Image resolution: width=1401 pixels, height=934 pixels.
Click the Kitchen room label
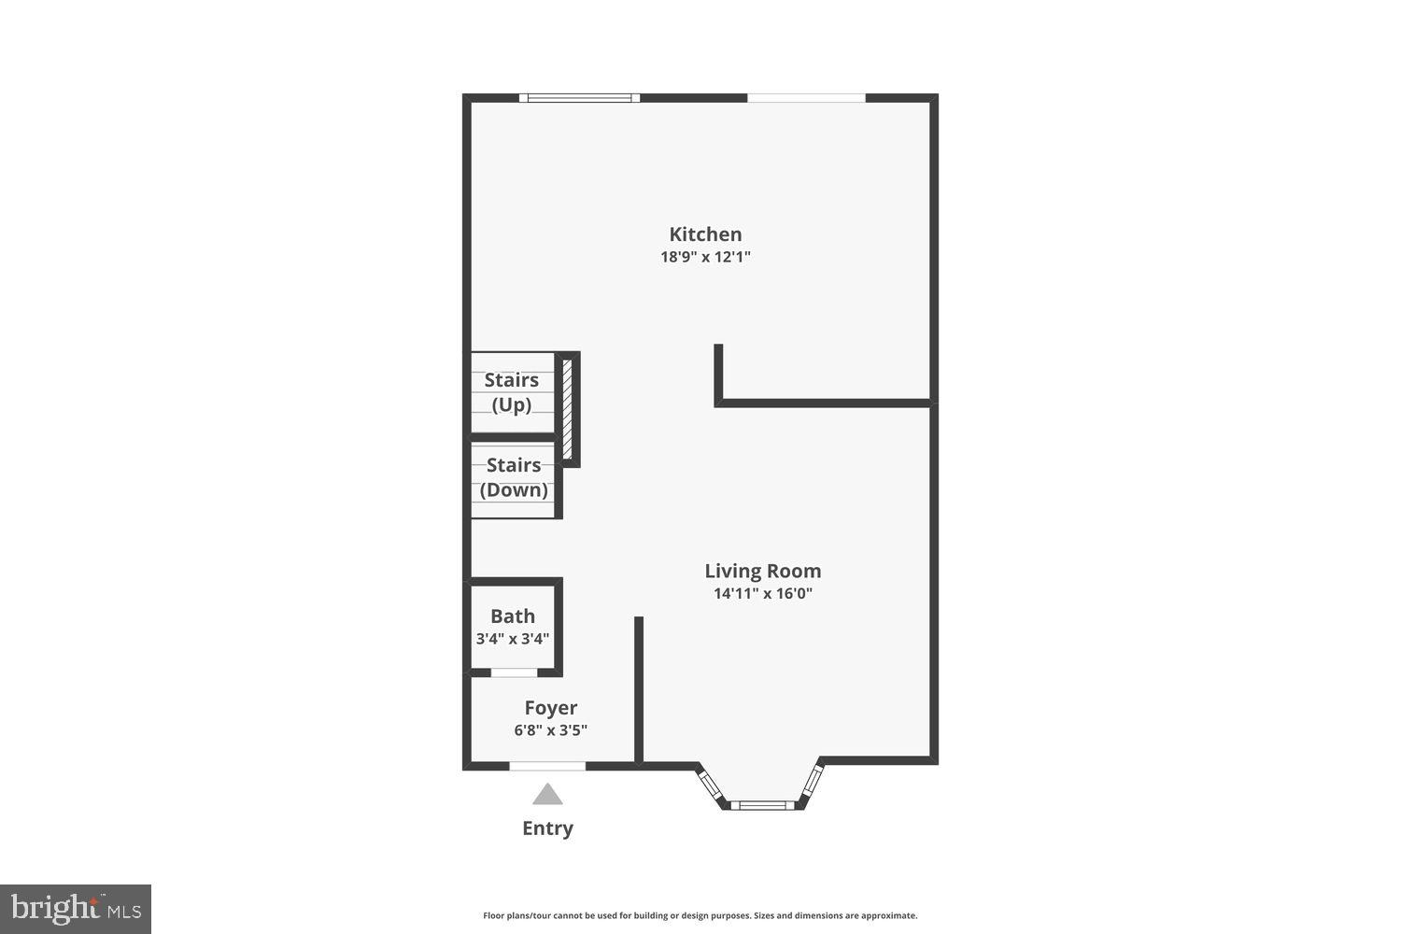705,234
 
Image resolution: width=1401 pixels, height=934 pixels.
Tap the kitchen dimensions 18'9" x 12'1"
705,257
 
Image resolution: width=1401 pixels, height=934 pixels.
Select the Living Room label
762,571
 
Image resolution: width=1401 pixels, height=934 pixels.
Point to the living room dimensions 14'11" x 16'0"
762,593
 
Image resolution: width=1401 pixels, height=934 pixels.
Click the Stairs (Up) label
512,392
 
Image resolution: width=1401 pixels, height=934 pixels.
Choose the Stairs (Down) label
514,477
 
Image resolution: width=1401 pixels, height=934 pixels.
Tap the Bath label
513,616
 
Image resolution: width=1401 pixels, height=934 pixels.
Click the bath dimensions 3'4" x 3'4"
513,639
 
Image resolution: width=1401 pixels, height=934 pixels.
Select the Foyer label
550,708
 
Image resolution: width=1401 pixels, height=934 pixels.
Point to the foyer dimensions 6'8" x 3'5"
550,730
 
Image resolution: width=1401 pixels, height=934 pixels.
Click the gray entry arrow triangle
547,795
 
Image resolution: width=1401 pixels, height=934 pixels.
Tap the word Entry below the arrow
547,828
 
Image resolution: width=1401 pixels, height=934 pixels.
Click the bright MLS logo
75,909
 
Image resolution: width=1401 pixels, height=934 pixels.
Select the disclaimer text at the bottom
700,916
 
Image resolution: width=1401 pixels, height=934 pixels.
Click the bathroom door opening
514,672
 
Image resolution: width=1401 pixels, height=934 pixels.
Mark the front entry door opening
547,766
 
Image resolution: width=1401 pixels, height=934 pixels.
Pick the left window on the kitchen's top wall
579,97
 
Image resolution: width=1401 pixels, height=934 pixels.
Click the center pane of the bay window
762,804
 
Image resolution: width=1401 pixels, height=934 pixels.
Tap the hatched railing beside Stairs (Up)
566,407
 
